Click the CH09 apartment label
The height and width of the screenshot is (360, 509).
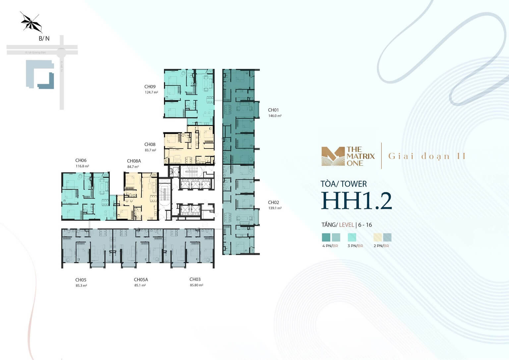[150, 87]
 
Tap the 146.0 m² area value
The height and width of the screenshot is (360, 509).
[275, 116]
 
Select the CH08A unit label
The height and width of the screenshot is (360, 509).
[134, 161]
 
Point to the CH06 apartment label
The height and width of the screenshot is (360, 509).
[81, 160]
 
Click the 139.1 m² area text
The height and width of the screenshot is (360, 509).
[275, 209]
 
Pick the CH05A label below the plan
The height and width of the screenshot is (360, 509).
[141, 280]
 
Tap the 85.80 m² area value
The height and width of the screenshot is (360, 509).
[197, 285]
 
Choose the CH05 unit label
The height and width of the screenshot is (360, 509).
[81, 280]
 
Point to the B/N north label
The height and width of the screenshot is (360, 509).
[44, 38]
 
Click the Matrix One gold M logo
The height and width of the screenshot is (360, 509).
[333, 156]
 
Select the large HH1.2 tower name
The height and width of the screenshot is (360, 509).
[356, 201]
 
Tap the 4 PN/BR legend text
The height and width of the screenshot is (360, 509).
[330, 246]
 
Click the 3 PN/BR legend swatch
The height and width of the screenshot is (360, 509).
[352, 237]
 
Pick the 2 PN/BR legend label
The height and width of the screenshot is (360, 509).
[381, 246]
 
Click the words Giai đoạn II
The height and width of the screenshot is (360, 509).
[427, 156]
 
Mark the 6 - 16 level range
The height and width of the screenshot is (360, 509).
[365, 225]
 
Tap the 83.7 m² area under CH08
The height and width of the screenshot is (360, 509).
[150, 150]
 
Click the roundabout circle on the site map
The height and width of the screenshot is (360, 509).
[61, 52]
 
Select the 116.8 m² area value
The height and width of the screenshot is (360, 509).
[82, 166]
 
